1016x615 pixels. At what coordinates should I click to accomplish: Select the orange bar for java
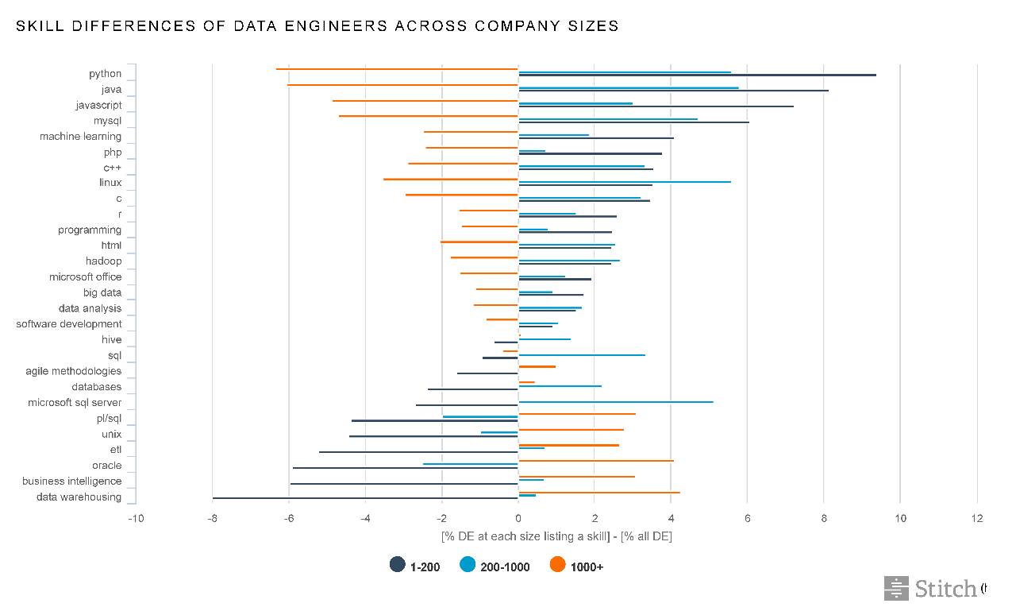tap(402, 84)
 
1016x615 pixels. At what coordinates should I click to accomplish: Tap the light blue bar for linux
tap(625, 182)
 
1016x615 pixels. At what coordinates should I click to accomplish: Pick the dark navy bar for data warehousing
tap(365, 498)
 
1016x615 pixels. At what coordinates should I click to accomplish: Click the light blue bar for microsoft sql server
tap(616, 402)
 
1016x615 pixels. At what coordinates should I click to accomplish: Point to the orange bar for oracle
tap(596, 461)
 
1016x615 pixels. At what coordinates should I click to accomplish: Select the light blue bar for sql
tap(582, 355)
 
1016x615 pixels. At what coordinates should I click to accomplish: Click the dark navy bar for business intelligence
tap(404, 483)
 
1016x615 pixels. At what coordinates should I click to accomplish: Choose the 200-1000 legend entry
tap(495, 566)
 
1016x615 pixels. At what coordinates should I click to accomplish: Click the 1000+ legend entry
tap(577, 566)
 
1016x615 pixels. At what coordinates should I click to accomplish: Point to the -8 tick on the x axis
tap(212, 518)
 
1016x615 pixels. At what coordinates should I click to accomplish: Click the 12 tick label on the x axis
tap(976, 518)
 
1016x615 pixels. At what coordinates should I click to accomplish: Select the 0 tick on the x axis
tap(518, 518)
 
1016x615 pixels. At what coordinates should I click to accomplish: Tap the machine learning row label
tap(81, 137)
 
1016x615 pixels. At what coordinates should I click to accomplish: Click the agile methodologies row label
tap(74, 371)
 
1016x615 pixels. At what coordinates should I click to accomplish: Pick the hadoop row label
tap(104, 261)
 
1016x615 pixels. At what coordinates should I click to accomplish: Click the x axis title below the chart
tap(556, 536)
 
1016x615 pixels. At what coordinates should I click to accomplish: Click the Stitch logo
tap(931, 589)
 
